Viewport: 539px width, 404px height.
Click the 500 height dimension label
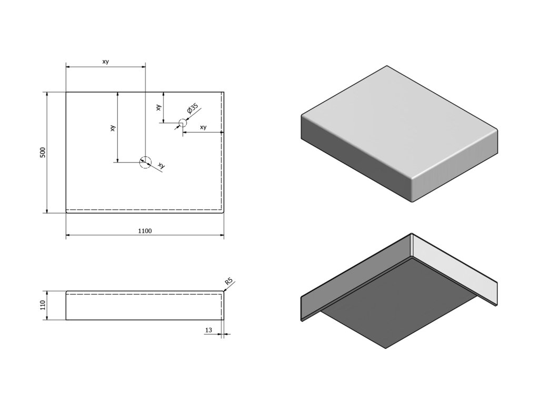43,153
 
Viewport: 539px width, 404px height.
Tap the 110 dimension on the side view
43,305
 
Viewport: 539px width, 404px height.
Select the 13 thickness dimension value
208,330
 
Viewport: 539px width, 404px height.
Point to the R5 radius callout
228,282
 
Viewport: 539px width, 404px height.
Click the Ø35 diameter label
192,110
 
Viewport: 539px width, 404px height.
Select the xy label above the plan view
105,62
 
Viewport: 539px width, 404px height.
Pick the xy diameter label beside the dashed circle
161,166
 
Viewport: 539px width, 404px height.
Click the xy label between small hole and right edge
203,127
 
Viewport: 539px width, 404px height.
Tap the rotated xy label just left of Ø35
158,107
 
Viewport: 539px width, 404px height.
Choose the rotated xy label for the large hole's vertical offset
113,128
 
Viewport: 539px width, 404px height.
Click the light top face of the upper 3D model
400,124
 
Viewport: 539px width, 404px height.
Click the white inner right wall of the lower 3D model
453,268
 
